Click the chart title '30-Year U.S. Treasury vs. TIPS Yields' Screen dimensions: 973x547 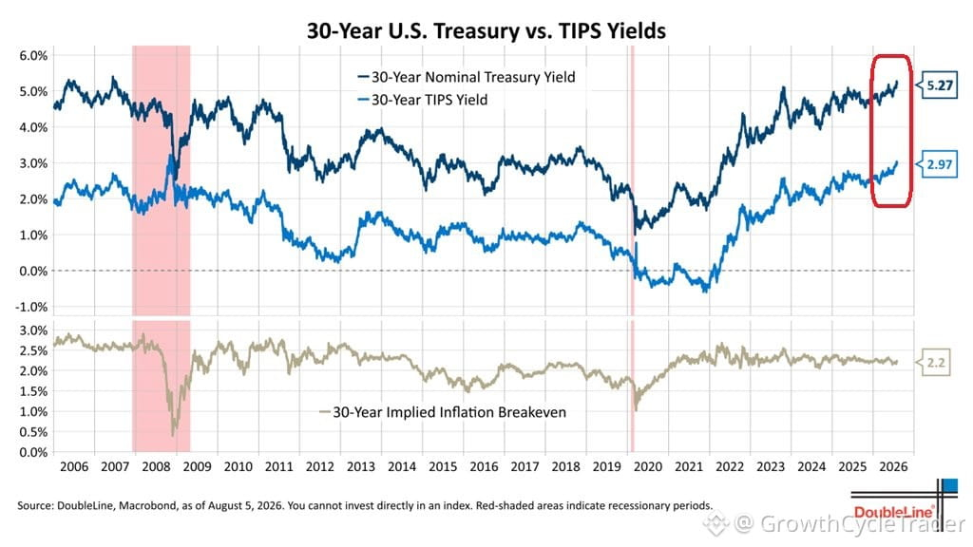click(486, 30)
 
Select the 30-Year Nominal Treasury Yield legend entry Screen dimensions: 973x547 click(467, 77)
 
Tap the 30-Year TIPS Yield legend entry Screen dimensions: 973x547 click(423, 100)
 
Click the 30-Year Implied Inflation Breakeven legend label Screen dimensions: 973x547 click(443, 412)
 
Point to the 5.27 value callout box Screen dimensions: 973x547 click(938, 85)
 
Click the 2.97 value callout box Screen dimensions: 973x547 click(938, 164)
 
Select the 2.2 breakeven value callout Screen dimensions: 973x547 click(935, 362)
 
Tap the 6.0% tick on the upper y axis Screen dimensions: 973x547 click(33, 55)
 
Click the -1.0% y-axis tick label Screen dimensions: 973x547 click(31, 307)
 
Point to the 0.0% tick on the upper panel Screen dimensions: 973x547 click(33, 271)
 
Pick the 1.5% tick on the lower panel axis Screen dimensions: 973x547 click(33, 391)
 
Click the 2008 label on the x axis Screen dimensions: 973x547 click(156, 466)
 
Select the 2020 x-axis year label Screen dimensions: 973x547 click(647, 466)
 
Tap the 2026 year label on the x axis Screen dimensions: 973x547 click(893, 466)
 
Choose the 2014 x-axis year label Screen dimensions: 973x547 click(402, 466)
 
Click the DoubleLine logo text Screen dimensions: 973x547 click(893, 512)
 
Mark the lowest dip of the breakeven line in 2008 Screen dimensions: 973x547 click(173, 435)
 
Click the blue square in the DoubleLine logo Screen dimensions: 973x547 click(949, 486)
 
